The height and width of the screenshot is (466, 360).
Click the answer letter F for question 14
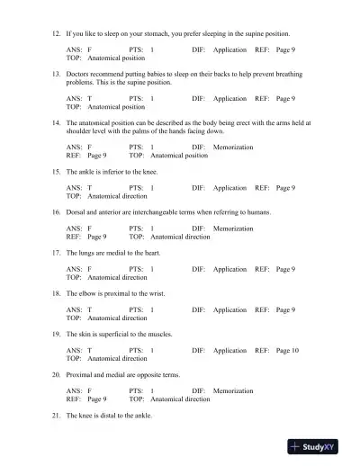click(89, 147)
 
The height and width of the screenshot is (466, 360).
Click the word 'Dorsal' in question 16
click(76, 212)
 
